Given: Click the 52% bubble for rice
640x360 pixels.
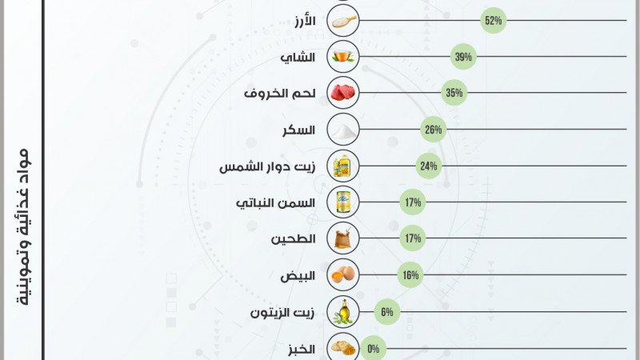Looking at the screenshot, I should tap(493, 21).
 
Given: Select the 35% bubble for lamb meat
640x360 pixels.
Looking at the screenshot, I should tap(454, 94).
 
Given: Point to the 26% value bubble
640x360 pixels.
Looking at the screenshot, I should tap(433, 130).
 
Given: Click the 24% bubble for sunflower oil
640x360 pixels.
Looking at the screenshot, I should tap(428, 166).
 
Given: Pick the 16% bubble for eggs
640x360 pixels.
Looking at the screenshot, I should tap(410, 275).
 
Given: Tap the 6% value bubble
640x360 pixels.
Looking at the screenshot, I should tap(386, 312).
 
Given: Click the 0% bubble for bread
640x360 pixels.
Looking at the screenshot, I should tap(373, 348).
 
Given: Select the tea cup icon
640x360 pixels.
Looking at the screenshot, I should tap(343, 57).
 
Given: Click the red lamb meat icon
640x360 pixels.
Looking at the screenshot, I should tap(343, 94).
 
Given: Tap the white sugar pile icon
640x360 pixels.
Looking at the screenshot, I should tap(343, 130).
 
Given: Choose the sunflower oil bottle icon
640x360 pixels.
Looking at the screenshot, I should tap(343, 166).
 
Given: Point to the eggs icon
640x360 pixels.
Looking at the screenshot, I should tap(343, 275).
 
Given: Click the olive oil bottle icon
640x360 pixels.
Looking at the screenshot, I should tap(343, 312).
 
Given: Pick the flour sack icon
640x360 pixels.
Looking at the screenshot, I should tap(343, 238).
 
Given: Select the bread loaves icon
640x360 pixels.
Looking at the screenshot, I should tap(343, 348).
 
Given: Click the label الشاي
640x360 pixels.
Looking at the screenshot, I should tap(298, 58).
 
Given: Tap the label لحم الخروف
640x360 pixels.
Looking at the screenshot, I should tap(279, 94).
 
